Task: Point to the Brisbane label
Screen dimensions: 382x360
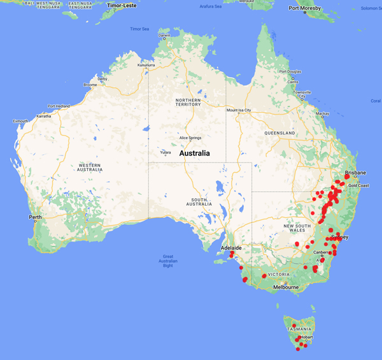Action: (355, 173)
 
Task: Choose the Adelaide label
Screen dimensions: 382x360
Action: (230, 247)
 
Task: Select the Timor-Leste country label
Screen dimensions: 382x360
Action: (122, 5)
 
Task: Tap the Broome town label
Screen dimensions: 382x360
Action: (90, 85)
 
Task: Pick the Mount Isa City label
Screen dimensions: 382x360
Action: (239, 110)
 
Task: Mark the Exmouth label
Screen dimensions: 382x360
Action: (20, 121)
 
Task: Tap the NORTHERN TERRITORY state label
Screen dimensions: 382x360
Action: (188, 104)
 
